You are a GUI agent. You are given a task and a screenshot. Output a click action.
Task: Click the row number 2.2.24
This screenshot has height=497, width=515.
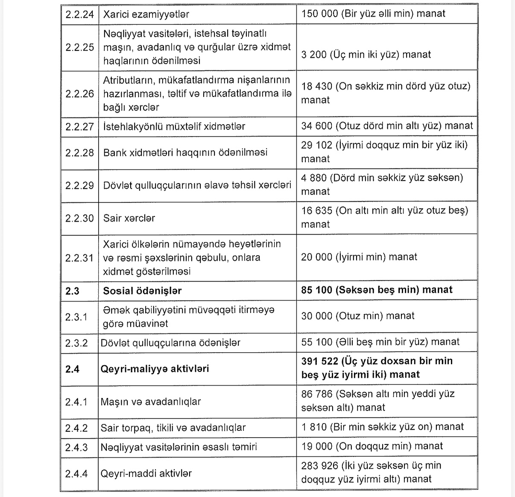coord(79,14)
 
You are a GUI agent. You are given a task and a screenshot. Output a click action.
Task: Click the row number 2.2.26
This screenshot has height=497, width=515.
coord(79,94)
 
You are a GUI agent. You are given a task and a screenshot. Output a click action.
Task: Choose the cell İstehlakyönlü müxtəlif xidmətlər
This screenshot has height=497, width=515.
coord(174,126)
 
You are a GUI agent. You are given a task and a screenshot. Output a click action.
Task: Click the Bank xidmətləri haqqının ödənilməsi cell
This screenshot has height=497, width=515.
coord(185,152)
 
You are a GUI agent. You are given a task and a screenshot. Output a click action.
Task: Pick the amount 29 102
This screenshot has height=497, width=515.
coord(316,145)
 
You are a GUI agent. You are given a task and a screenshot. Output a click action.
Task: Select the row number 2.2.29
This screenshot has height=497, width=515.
coord(79,185)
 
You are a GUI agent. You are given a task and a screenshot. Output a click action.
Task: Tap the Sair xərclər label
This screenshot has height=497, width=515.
coord(129,218)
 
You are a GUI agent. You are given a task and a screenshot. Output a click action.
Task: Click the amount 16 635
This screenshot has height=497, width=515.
coord(316,210)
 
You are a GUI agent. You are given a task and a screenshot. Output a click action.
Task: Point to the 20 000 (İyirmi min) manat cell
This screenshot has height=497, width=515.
coord(359,257)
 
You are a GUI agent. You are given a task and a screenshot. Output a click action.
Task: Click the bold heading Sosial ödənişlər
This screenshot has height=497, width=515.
coord(142,291)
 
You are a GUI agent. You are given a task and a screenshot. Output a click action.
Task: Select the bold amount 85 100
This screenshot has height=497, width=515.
coord(316,290)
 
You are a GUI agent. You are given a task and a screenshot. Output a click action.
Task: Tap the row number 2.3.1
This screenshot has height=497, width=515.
coord(76,317)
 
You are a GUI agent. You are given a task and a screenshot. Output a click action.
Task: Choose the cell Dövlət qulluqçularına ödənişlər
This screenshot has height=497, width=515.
coord(170,343)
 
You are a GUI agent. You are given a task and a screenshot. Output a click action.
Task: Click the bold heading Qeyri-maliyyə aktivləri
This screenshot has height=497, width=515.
coord(155,369)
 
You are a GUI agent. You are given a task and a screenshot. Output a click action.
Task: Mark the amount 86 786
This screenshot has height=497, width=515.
coord(316,394)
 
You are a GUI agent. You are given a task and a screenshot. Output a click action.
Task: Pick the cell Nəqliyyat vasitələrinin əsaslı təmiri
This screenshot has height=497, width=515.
coord(178,447)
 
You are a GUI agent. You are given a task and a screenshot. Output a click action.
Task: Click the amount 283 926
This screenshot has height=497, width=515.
coord(319,465)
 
